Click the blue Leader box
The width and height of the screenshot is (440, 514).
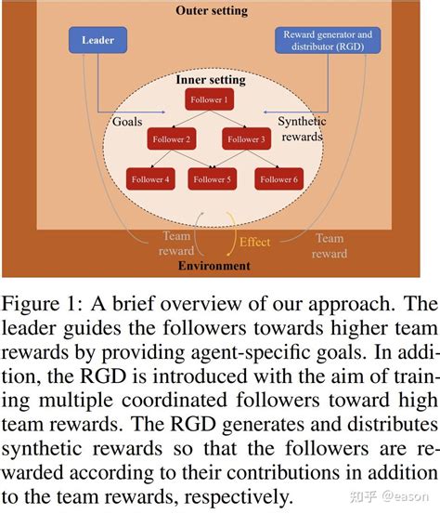(x=97, y=40)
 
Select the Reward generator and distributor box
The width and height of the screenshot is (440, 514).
(x=328, y=41)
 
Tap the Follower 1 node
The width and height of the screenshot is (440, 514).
(x=209, y=99)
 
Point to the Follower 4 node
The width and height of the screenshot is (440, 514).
(x=149, y=180)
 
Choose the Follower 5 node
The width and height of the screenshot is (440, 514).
(x=211, y=180)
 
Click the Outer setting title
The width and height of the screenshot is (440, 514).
(x=211, y=10)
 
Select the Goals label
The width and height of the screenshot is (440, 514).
(x=126, y=122)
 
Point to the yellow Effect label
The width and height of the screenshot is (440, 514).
(x=254, y=242)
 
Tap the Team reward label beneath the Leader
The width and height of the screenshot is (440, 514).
(x=177, y=244)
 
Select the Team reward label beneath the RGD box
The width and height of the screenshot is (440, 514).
(x=330, y=245)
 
